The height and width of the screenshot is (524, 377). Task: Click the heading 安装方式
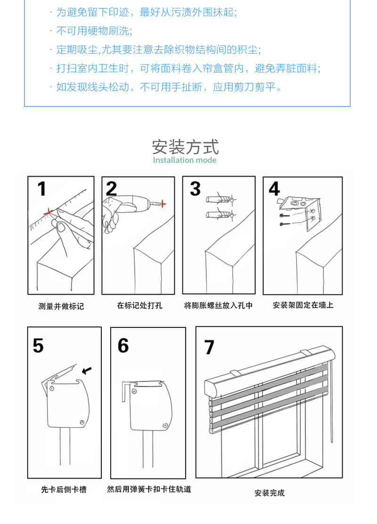tap(185, 146)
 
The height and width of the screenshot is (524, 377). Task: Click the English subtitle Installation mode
tap(185, 160)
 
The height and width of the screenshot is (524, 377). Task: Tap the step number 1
tap(42, 189)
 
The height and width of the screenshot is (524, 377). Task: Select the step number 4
tap(275, 189)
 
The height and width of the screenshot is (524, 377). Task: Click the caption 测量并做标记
tap(61, 306)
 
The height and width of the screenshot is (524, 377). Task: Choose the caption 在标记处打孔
tap(139, 306)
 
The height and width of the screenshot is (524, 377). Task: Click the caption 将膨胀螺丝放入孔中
tap(218, 306)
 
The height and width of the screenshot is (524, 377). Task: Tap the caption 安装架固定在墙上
tap(303, 305)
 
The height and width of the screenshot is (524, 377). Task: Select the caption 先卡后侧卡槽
tap(64, 490)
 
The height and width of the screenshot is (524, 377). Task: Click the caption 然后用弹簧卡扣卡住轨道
tap(149, 490)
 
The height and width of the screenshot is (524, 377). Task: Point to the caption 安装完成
tap(270, 493)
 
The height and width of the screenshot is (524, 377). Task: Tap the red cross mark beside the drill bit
tap(164, 204)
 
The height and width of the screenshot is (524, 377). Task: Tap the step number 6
tap(123, 346)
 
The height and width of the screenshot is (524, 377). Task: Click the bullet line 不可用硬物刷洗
tap(94, 31)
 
